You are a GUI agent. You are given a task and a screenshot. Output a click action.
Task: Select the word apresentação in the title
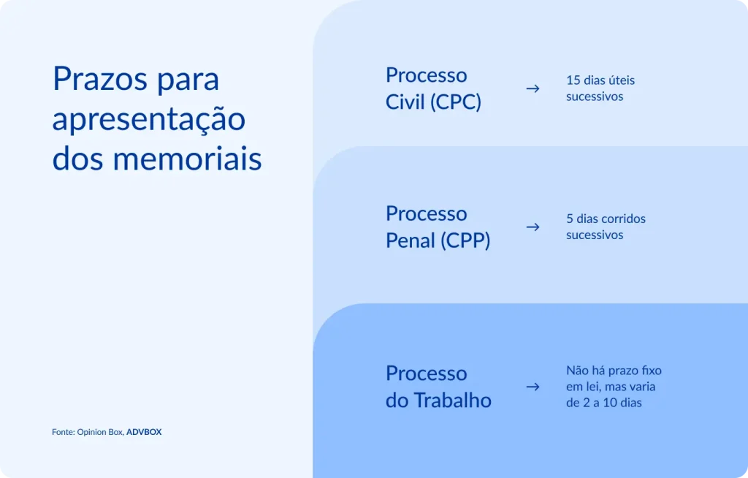click(x=148, y=119)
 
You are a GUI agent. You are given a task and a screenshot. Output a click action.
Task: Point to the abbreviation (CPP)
click(x=465, y=240)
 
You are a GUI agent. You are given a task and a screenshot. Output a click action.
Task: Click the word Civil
click(x=404, y=102)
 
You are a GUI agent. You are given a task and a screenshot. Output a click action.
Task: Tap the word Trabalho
click(x=452, y=401)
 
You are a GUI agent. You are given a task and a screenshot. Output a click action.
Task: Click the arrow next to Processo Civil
click(x=533, y=88)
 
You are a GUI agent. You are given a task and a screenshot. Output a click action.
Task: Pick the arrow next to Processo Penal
click(x=533, y=227)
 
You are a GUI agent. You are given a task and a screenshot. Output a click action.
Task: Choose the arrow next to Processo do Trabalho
click(x=533, y=387)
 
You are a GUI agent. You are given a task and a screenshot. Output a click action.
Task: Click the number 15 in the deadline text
click(x=573, y=80)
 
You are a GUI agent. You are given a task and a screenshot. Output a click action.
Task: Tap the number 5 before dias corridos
click(x=570, y=219)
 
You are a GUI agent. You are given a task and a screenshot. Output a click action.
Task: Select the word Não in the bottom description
click(x=578, y=371)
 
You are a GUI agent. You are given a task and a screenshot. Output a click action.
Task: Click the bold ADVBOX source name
click(x=144, y=432)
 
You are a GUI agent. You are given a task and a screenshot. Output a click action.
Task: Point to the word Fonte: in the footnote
click(x=64, y=432)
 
